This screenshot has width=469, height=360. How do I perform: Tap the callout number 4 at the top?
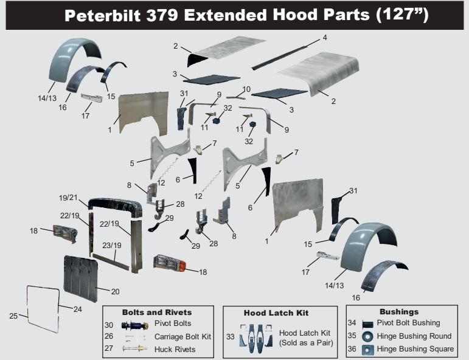pyautogui.click(x=325, y=38)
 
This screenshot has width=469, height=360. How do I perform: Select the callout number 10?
pyautogui.click(x=246, y=89)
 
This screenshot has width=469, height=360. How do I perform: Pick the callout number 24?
pyautogui.click(x=77, y=309)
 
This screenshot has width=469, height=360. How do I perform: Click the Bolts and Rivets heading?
pyautogui.click(x=157, y=313)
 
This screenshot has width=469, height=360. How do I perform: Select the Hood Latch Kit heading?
pyautogui.click(x=276, y=313)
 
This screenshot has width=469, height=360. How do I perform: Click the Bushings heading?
pyautogui.click(x=399, y=312)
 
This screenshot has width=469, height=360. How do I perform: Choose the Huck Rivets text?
pyautogui.click(x=175, y=349)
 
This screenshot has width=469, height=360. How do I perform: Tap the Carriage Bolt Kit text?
pyautogui.click(x=182, y=336)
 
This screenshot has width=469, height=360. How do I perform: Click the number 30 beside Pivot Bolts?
pyautogui.click(x=109, y=325)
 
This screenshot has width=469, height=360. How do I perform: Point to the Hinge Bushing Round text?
pyautogui.click(x=414, y=336)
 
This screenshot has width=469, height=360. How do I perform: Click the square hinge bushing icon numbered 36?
pyautogui.click(x=367, y=349)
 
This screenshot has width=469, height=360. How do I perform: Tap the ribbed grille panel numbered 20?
pyautogui.click(x=80, y=277)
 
